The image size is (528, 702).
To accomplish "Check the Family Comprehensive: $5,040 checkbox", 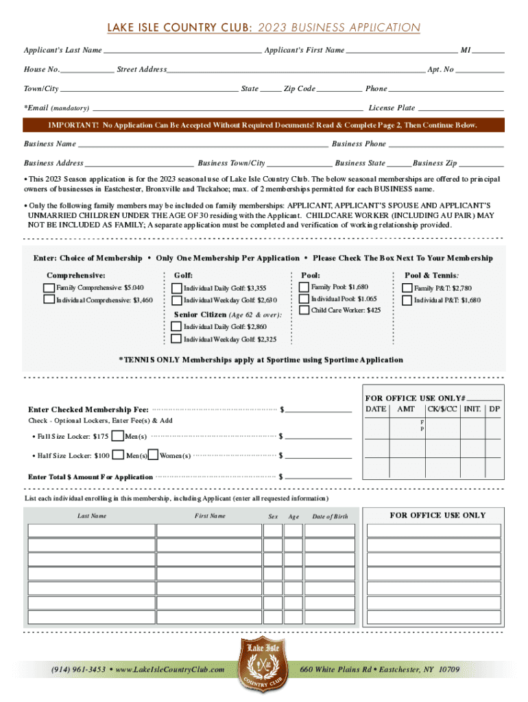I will coord(49,287).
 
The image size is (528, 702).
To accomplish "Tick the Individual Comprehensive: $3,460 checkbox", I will coord(49,300).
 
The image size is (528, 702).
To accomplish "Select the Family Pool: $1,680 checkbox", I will coord(304,287).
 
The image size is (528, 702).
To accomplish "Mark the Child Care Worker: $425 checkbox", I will coord(304,311).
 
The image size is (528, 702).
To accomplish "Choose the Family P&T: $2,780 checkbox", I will coord(407,288).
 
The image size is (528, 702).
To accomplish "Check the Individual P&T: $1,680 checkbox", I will coord(407,300).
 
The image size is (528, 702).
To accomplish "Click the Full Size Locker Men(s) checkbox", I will coord(118,436).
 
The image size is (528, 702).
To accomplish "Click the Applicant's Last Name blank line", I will coord(182,51).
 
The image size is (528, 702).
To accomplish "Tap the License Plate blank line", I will coord(461,108).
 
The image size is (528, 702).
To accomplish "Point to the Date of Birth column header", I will coord(330,516).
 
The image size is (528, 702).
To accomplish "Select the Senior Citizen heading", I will coord(200,315).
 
